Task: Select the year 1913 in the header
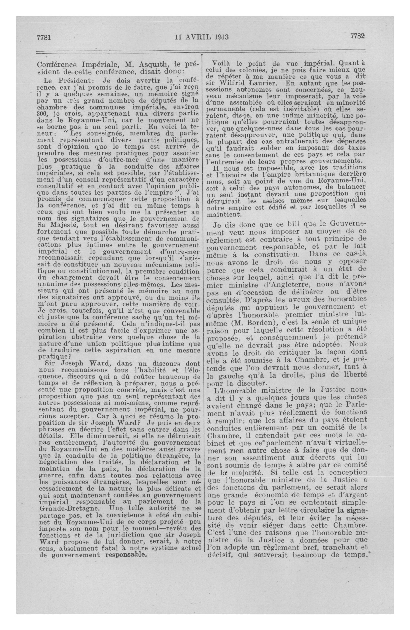220,37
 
